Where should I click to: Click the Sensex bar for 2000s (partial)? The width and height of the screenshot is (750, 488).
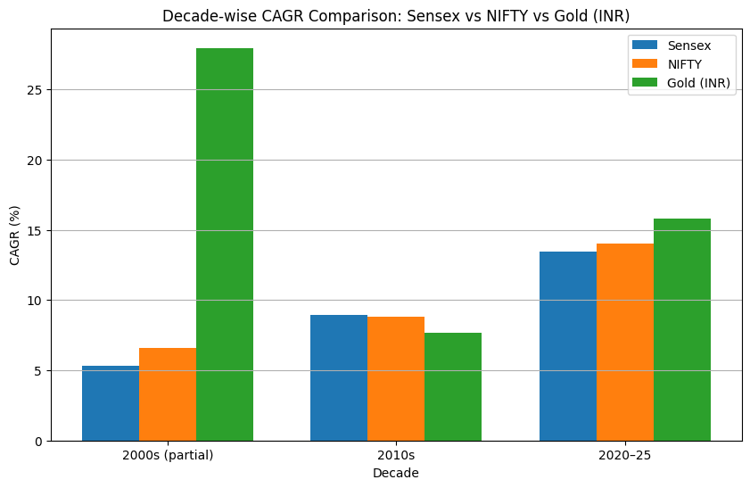111,403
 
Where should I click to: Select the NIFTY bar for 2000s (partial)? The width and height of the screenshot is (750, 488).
168,394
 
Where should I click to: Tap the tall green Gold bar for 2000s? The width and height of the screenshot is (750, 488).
225,244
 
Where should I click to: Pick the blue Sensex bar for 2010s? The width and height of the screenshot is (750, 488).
339,377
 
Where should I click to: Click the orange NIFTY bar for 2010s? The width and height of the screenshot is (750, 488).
396,378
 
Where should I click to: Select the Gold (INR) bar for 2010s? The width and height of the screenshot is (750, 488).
453,386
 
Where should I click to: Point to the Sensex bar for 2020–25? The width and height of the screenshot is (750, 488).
568,346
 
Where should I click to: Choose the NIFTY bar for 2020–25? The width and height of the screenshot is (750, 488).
625,342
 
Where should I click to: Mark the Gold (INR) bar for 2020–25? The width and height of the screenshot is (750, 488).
682,329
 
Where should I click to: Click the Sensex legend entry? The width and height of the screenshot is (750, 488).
682,45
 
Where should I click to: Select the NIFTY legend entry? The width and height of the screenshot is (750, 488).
682,63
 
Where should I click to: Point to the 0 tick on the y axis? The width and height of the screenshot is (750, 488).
39,441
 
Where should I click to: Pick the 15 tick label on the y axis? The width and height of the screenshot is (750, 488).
36,230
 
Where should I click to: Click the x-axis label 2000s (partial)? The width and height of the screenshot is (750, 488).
168,454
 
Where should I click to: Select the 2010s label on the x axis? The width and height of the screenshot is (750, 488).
396,454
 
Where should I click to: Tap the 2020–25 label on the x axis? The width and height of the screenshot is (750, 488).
625,454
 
